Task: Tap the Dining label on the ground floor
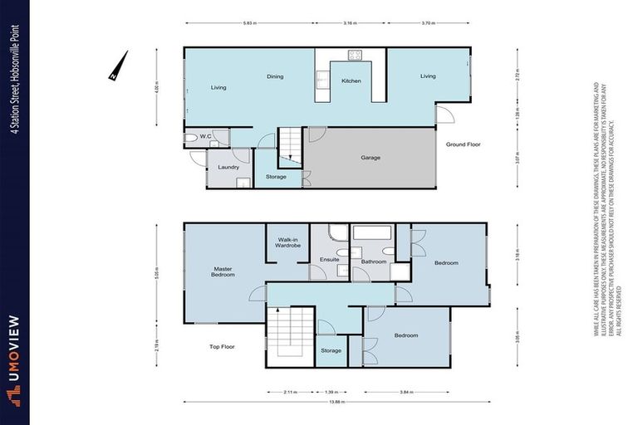275,76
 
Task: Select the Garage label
371,157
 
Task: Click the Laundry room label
228,167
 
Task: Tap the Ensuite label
330,261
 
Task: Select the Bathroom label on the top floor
374,261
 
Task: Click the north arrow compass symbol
119,66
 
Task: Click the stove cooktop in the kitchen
355,56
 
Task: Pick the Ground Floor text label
464,144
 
